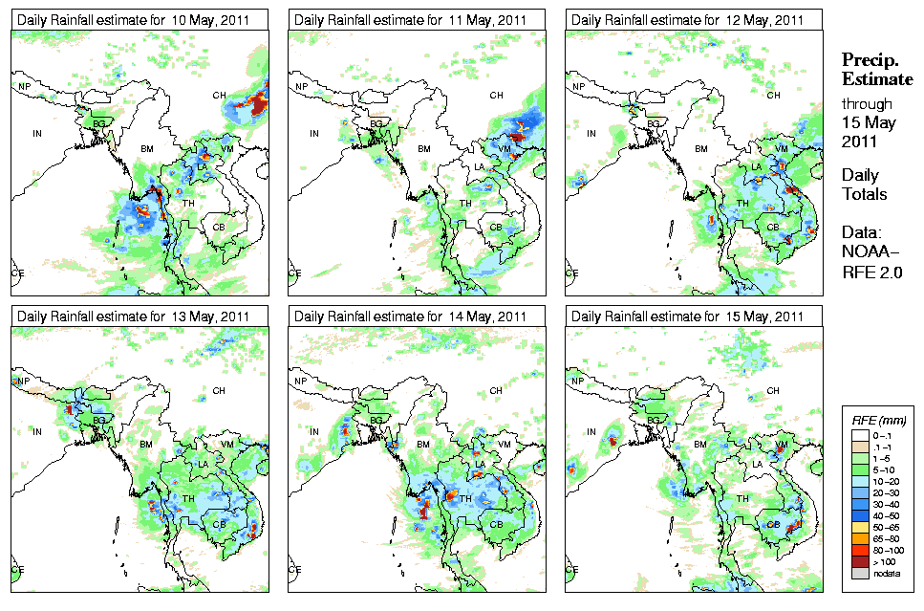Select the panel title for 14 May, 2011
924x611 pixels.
[x=411, y=316]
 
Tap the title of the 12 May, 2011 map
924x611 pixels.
[x=688, y=20]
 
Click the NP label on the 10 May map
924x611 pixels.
[x=25, y=87]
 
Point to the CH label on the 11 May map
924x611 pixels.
[x=496, y=95]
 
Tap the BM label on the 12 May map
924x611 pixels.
[x=701, y=149]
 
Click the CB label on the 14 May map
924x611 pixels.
[x=496, y=524]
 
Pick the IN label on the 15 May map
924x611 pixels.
[x=591, y=431]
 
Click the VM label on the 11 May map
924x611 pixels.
[x=504, y=149]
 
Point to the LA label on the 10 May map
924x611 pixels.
[x=203, y=168]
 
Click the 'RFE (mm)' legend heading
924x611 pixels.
[x=878, y=419]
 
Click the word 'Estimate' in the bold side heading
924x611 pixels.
[x=876, y=79]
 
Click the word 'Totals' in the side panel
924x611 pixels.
[x=864, y=195]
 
